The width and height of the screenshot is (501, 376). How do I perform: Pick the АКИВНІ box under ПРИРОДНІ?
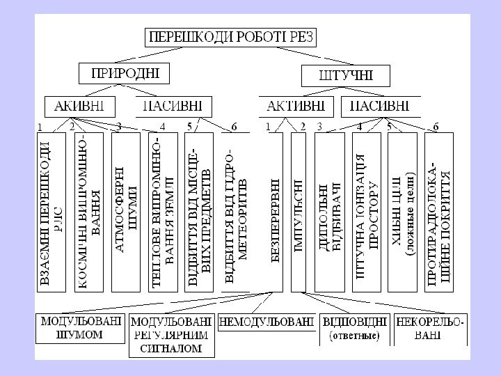[x=80, y=106]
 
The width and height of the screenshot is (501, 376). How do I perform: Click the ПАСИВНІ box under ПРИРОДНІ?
[x=172, y=106]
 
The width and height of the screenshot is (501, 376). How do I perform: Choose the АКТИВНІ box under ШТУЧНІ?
[x=295, y=106]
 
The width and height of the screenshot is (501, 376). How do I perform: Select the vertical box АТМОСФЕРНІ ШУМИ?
[x=126, y=212]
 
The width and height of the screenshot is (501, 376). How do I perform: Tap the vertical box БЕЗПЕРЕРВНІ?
[x=273, y=212]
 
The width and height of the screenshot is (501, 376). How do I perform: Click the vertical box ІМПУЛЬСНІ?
[x=299, y=212]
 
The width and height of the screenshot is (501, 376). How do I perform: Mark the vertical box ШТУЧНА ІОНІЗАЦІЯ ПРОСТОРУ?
[x=367, y=212]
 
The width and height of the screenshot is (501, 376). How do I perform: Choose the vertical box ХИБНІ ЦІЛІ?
[x=403, y=212]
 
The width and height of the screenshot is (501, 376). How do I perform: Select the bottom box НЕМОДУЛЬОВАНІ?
[x=266, y=322]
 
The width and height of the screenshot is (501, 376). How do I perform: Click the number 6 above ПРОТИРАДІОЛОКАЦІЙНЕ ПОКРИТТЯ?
[x=436, y=127]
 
